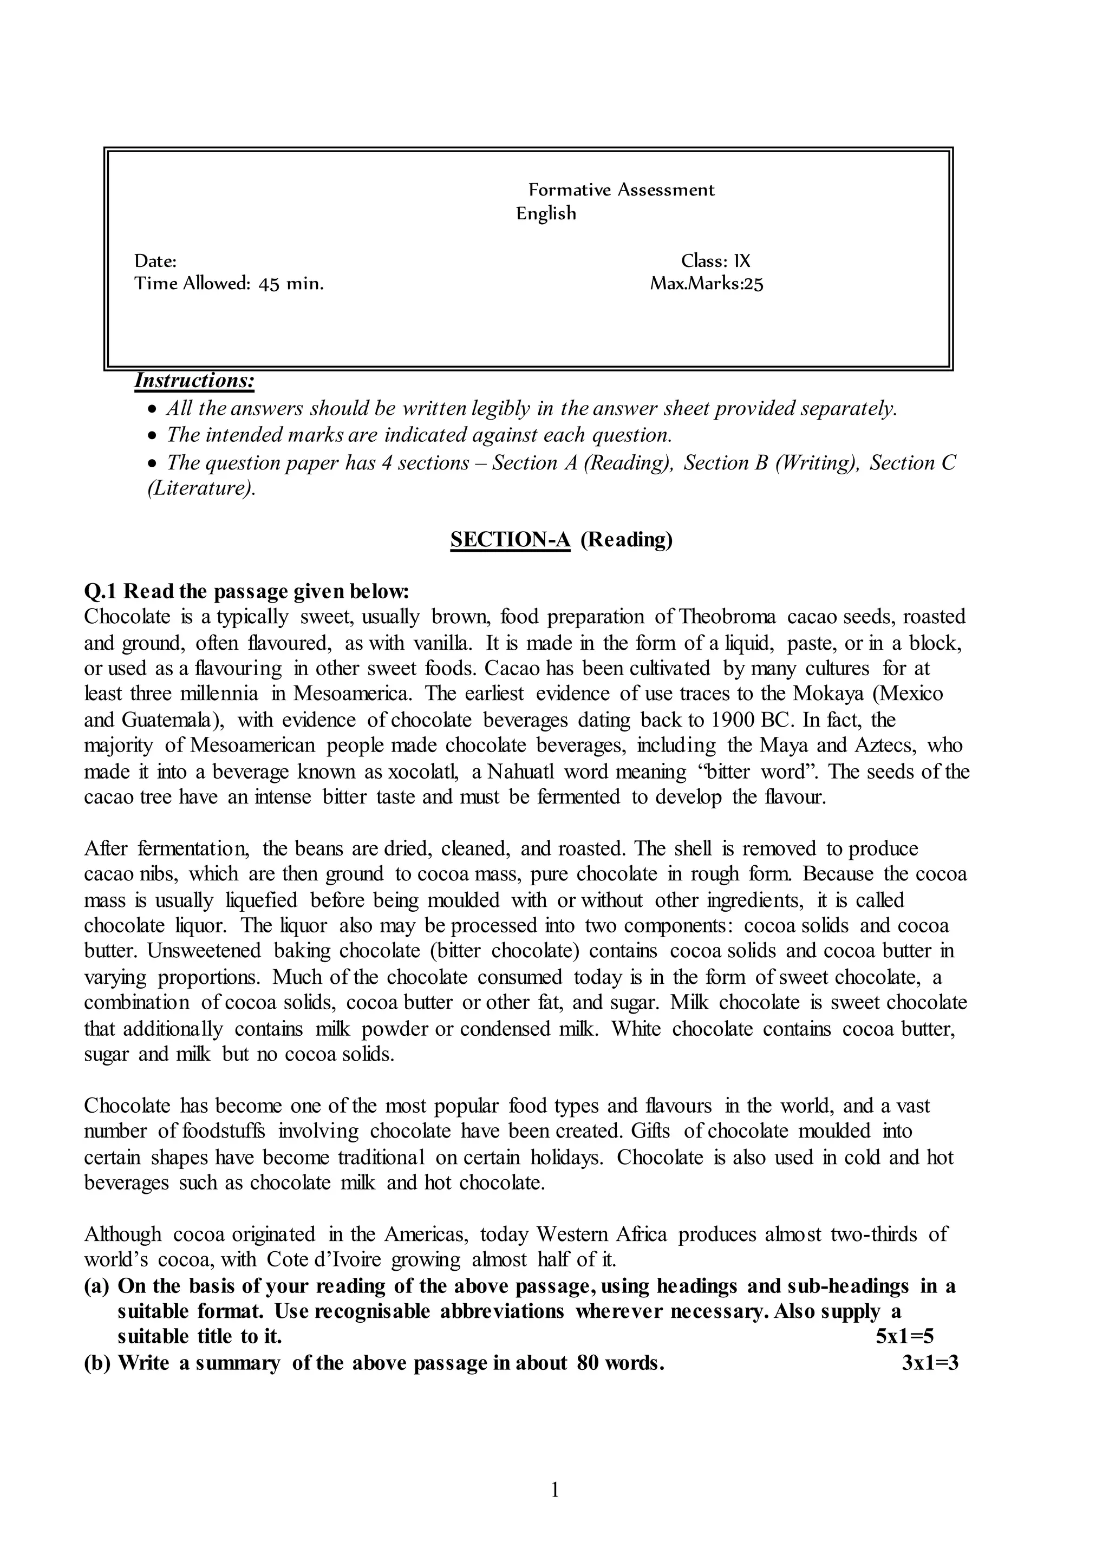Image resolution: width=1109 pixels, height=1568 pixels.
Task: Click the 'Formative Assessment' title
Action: point(622,190)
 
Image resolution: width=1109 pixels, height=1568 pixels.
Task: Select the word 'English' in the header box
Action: point(546,214)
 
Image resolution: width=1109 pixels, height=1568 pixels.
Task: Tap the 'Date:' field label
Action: point(155,261)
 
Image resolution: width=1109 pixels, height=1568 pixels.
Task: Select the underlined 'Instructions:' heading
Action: point(194,381)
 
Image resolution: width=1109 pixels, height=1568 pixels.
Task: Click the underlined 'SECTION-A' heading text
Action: point(510,539)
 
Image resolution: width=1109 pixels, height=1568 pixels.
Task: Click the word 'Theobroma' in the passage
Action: point(727,617)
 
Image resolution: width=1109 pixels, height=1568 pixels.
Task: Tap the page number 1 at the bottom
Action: point(554,1490)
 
